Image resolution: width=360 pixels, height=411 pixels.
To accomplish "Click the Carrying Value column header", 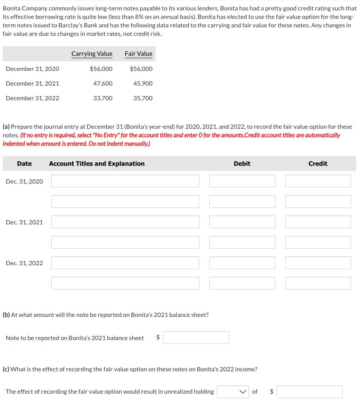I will (92, 54).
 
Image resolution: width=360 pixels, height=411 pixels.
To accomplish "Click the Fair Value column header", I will (138, 54).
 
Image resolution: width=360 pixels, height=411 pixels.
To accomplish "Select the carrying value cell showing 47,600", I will (103, 83).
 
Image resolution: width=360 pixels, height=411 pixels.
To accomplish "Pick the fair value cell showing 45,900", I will (143, 83).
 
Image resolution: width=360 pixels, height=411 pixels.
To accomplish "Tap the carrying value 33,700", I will (103, 98).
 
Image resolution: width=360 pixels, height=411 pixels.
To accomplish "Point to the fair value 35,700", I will (143, 98).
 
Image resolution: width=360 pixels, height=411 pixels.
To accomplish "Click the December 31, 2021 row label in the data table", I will (32, 83).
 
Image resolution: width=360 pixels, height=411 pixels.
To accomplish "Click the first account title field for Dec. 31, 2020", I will (125, 181).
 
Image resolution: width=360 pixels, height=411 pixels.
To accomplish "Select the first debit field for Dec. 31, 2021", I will (242, 222).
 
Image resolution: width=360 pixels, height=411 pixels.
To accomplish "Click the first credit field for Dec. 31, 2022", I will (318, 263).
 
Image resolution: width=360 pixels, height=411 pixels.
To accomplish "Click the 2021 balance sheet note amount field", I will (196, 338).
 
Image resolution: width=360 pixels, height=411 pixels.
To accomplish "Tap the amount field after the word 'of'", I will (310, 392).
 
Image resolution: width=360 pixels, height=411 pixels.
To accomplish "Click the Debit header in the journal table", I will (242, 163).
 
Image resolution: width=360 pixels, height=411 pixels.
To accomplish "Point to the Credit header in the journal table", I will (318, 163).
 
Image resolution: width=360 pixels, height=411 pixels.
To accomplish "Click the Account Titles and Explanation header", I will (97, 163).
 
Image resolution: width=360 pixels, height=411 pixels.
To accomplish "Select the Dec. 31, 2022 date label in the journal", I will (24, 263).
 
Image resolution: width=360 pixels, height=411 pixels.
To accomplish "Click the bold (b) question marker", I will (6, 315).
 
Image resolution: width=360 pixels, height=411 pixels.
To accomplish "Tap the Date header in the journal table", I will (24, 163).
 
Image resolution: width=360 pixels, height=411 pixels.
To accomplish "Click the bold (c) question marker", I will (6, 369).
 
